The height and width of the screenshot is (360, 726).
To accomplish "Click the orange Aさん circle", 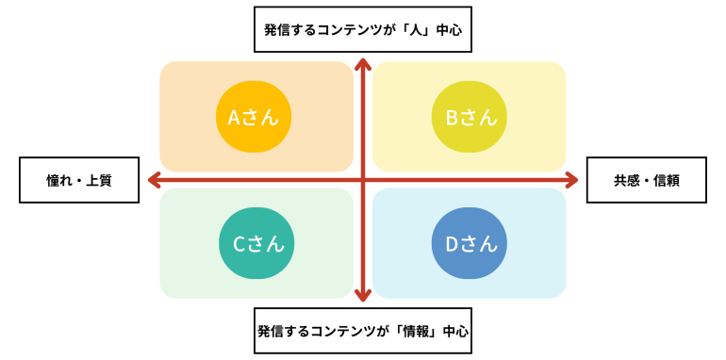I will coord(255,117).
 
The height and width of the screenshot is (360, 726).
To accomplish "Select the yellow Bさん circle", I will coord(470,117).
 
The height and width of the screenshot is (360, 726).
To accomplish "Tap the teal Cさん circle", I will coord(256,243).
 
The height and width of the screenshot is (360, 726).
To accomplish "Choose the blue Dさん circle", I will coord(470,243).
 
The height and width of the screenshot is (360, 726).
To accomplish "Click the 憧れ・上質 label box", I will coord(79,180).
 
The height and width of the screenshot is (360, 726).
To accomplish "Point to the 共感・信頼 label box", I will coord(646,180).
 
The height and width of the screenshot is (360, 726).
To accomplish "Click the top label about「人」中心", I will coord(363,29).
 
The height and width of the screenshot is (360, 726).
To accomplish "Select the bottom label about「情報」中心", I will coord(363,331).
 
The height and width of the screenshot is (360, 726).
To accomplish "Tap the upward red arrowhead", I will coord(363,64).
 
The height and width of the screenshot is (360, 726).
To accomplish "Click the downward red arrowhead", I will coord(363,295).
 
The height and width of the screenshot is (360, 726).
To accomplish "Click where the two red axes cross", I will coord(363,180).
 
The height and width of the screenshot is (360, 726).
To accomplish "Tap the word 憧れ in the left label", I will coord(59,180).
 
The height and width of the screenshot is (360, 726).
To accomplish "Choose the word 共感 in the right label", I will coord(626,180).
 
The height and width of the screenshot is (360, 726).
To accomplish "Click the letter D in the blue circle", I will coord(451,243).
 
